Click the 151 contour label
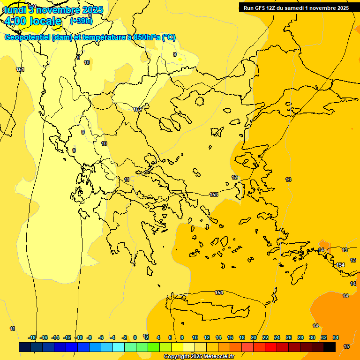(x=20, y=70)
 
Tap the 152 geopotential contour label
(x=137, y=109)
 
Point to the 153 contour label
(x=214, y=195)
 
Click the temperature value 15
(x=346, y=346)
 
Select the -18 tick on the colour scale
(x=32, y=337)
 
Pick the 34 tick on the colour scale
(x=335, y=337)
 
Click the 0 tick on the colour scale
(x=135, y=337)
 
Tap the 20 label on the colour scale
(x=254, y=337)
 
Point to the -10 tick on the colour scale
(x=79, y=337)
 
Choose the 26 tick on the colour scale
(x=289, y=337)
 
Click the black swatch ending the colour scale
(x=330, y=347)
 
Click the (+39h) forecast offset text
(x=81, y=21)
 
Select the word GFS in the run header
(x=259, y=8)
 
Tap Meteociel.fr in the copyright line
(x=217, y=357)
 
